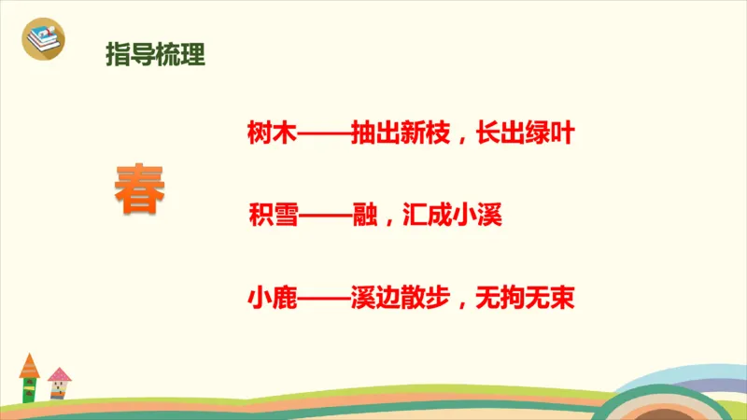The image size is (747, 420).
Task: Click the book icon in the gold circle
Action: (42, 39)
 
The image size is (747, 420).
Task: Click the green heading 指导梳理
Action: (155, 54)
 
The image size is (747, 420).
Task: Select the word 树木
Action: (271, 134)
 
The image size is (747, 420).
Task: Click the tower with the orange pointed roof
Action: (30, 378)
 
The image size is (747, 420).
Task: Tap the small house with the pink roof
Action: (59, 383)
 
